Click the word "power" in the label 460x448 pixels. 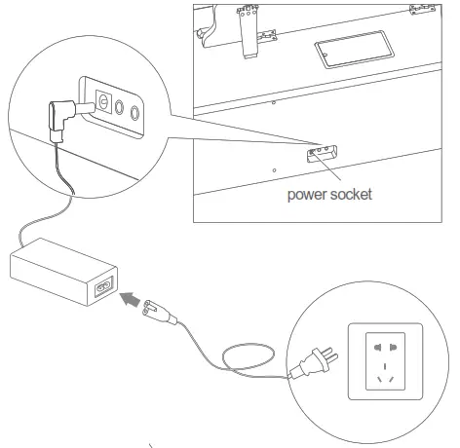307,194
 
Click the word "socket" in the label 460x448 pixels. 353,194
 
